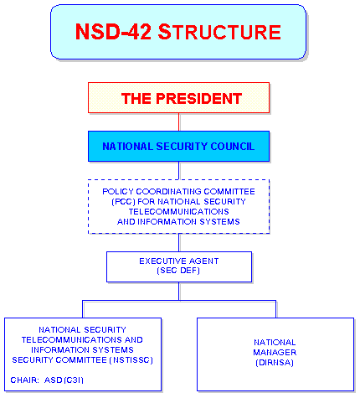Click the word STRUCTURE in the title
click(x=219, y=32)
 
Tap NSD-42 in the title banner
click(x=113, y=32)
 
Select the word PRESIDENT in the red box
click(x=198, y=99)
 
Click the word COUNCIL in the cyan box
click(x=233, y=147)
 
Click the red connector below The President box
click(x=179, y=122)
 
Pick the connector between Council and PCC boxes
click(x=179, y=171)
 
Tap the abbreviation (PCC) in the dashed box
click(x=123, y=202)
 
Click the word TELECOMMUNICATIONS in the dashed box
click(x=178, y=212)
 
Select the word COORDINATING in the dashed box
click(x=168, y=192)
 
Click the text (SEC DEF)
click(x=178, y=271)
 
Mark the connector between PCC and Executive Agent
click(x=179, y=243)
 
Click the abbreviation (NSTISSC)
click(x=131, y=360)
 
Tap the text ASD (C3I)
click(x=64, y=380)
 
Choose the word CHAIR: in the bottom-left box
click(x=24, y=380)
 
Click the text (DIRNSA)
click(x=275, y=363)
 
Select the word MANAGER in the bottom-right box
click(x=275, y=353)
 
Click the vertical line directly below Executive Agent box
click(x=179, y=292)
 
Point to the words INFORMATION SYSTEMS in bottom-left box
click(x=82, y=350)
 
